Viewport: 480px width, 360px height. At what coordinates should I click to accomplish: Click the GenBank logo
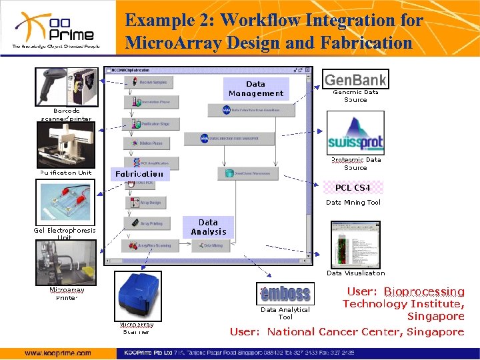(355, 79)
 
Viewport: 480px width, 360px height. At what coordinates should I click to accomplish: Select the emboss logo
(285, 293)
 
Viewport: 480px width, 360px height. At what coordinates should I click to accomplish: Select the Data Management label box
(256, 89)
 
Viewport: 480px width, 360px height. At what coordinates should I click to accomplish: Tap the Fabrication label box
(139, 174)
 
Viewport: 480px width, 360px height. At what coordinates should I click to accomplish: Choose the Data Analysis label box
(209, 227)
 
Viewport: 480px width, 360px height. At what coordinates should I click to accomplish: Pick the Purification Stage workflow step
(150, 123)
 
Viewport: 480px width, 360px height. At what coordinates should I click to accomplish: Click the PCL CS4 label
(353, 187)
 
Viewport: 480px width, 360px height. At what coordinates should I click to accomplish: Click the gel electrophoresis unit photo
(65, 202)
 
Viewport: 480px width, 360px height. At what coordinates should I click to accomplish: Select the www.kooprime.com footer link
(58, 353)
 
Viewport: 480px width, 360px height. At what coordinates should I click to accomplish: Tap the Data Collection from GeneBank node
(235, 109)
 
